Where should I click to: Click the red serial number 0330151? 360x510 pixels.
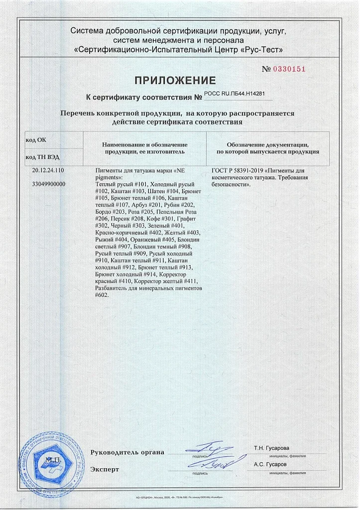pyautogui.click(x=290, y=69)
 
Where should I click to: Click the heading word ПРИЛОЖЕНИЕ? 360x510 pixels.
pyautogui.click(x=175, y=81)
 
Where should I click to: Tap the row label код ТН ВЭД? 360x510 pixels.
pyautogui.click(x=42, y=157)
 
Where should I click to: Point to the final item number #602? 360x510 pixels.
pyautogui.click(x=102, y=295)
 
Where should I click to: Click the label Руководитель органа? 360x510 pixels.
pyautogui.click(x=127, y=452)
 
